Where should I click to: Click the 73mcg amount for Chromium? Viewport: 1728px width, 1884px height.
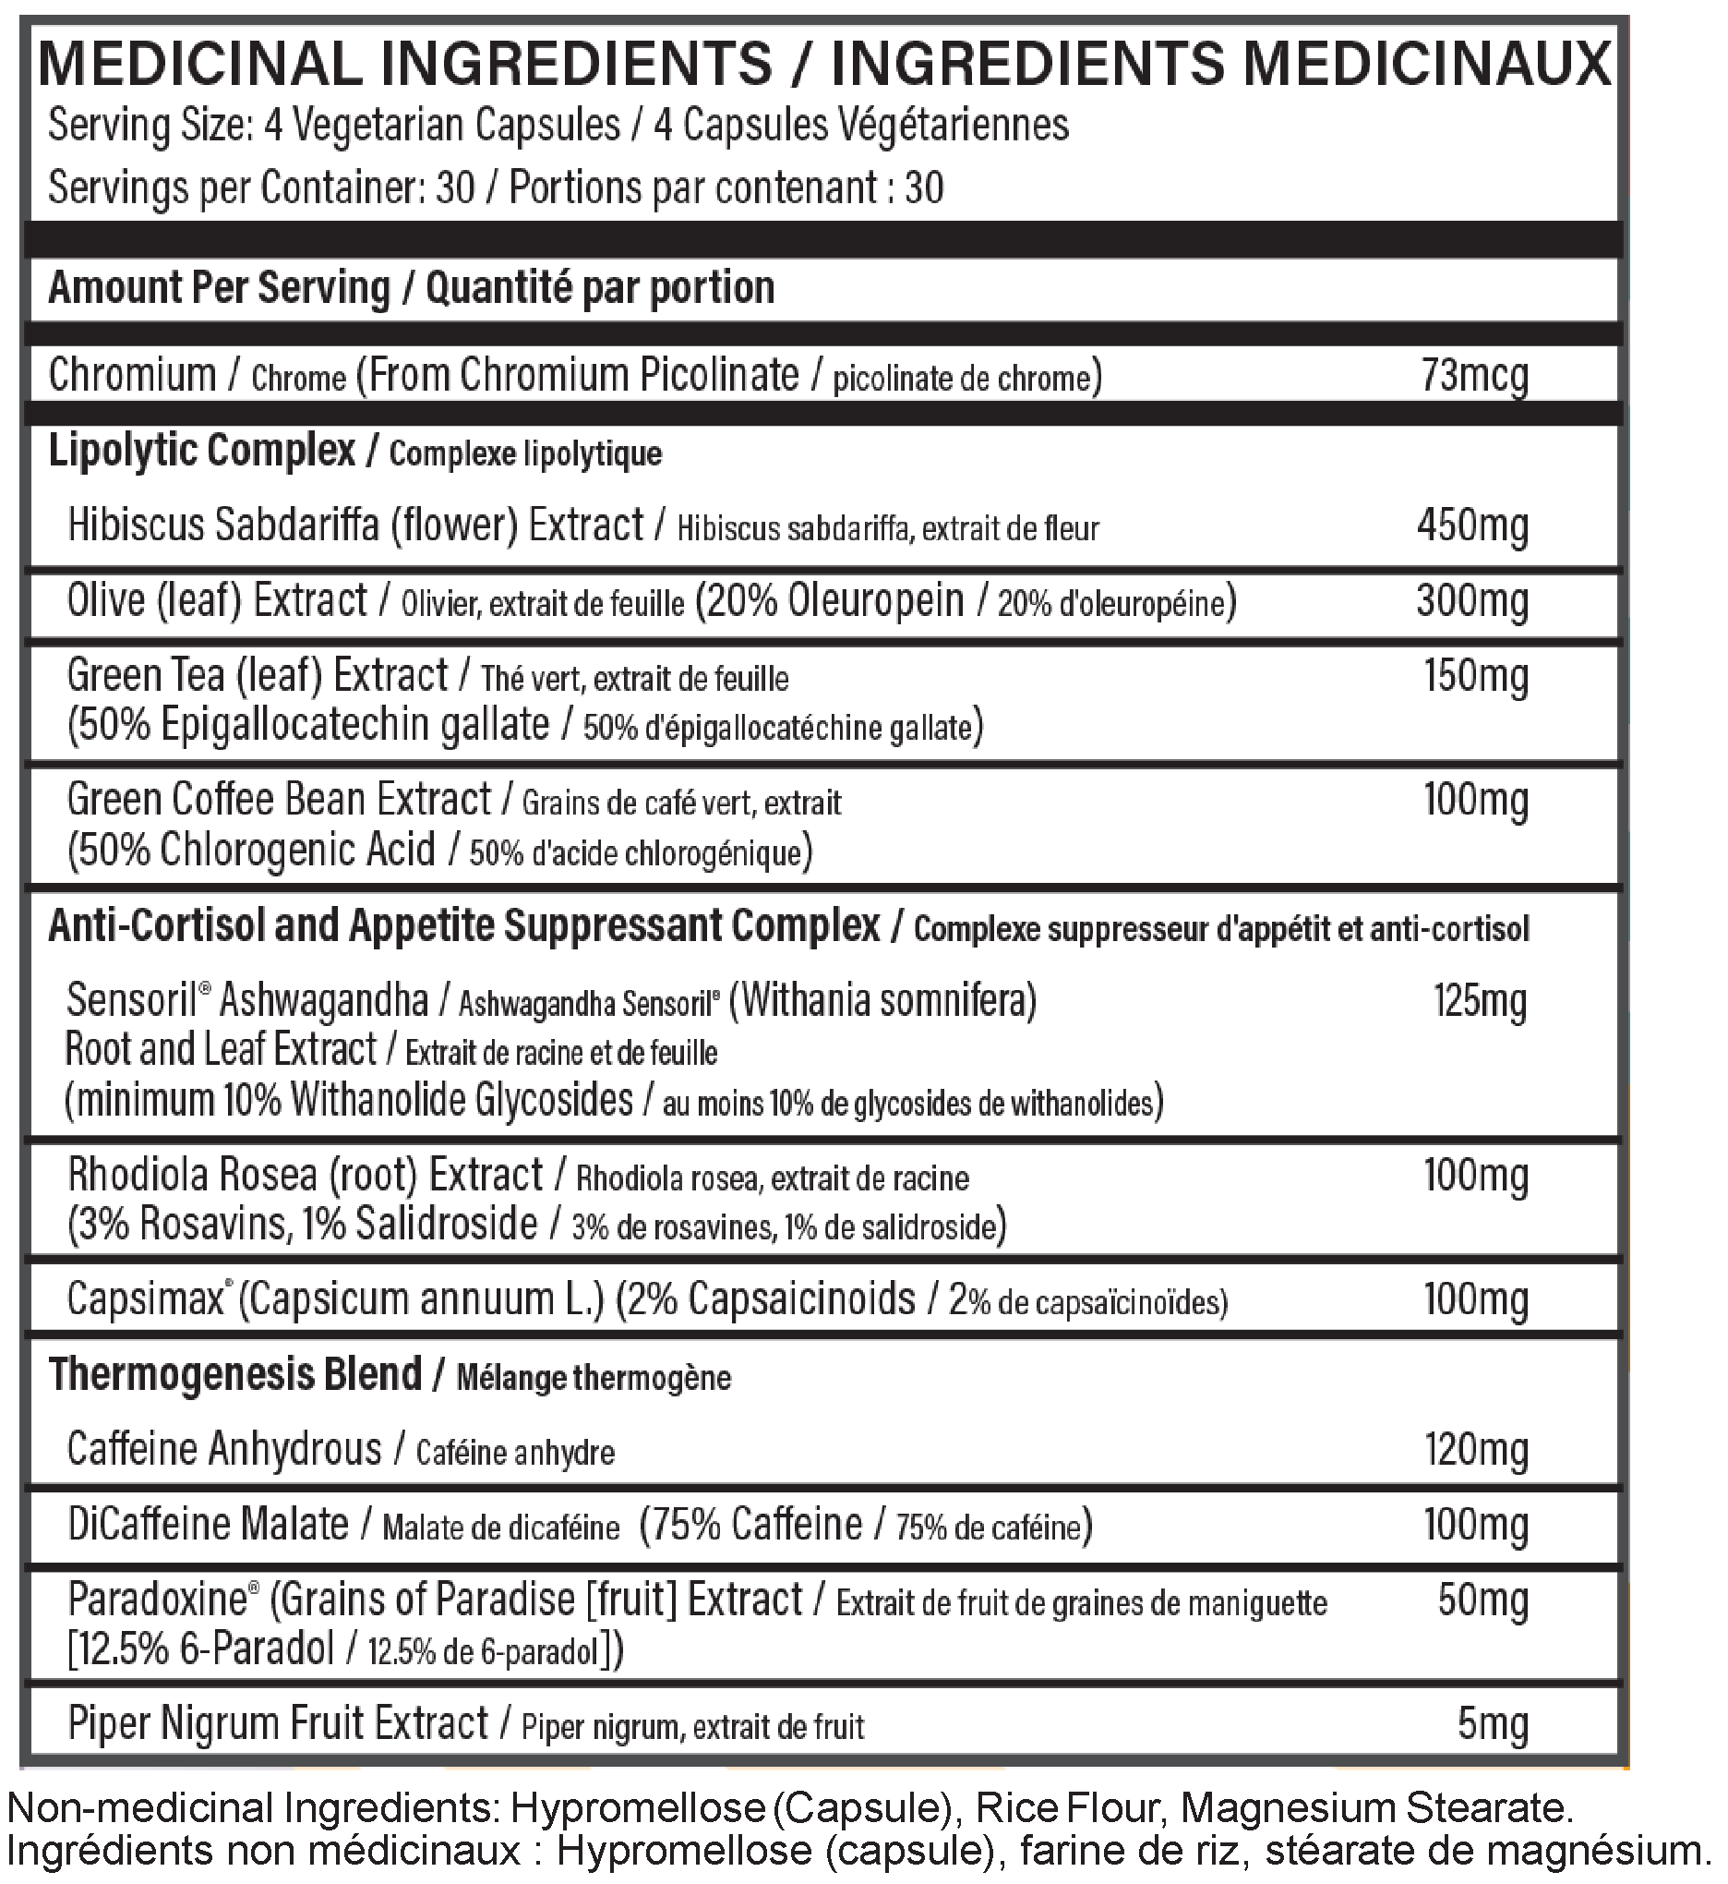coord(1474,375)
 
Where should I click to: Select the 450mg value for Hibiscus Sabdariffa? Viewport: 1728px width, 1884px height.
coord(1472,525)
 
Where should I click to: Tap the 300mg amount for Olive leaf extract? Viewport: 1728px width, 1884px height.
coord(1472,600)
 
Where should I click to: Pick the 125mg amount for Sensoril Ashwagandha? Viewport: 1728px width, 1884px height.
coord(1481,1000)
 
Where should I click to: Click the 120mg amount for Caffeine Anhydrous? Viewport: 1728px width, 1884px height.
coord(1477,1449)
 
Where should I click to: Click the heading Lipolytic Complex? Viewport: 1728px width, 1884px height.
coord(201,451)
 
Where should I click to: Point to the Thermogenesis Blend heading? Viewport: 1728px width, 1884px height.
coord(234,1374)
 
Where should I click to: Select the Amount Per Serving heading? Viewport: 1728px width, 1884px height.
coord(219,287)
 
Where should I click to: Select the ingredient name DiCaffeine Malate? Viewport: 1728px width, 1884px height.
coord(208,1525)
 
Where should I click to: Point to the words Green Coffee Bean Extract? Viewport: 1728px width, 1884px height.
coord(279,800)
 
